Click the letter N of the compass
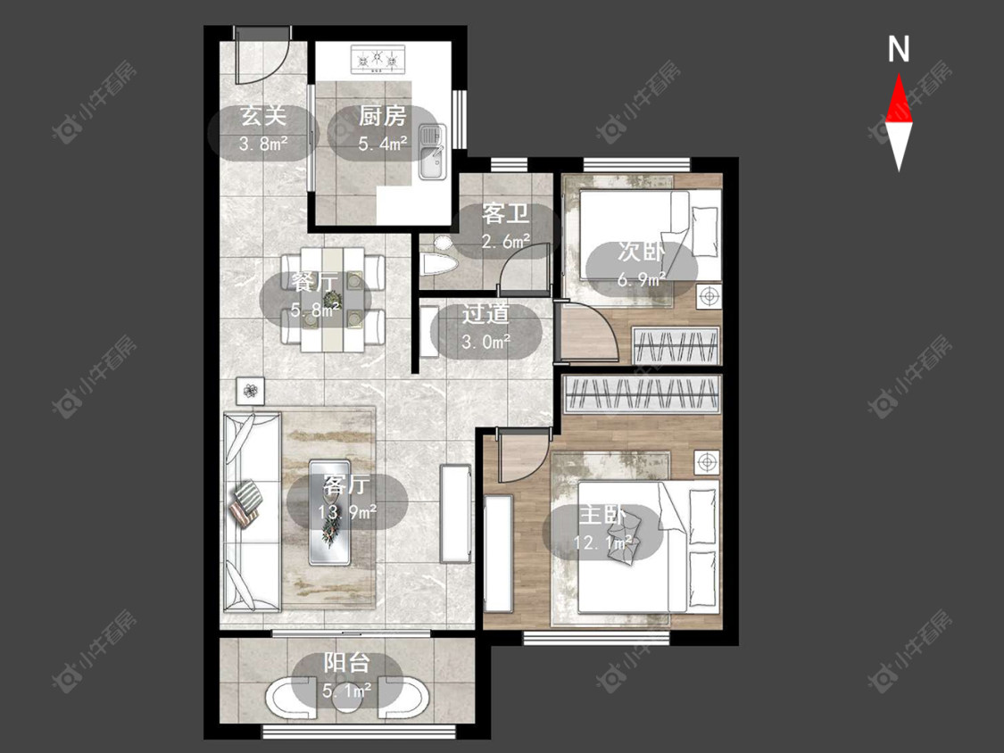click(x=899, y=49)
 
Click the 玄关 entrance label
click(x=262, y=117)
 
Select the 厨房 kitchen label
click(x=382, y=117)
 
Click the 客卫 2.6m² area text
click(x=506, y=242)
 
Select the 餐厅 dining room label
click(x=314, y=282)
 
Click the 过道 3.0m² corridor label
click(x=486, y=327)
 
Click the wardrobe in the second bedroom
click(x=676, y=346)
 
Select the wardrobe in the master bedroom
click(x=642, y=393)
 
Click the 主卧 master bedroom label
click(x=602, y=514)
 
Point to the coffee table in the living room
click(x=329, y=512)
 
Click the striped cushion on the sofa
click(x=248, y=493)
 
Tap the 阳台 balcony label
click(x=346, y=663)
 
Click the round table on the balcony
click(x=348, y=695)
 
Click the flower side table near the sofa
click(x=251, y=391)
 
